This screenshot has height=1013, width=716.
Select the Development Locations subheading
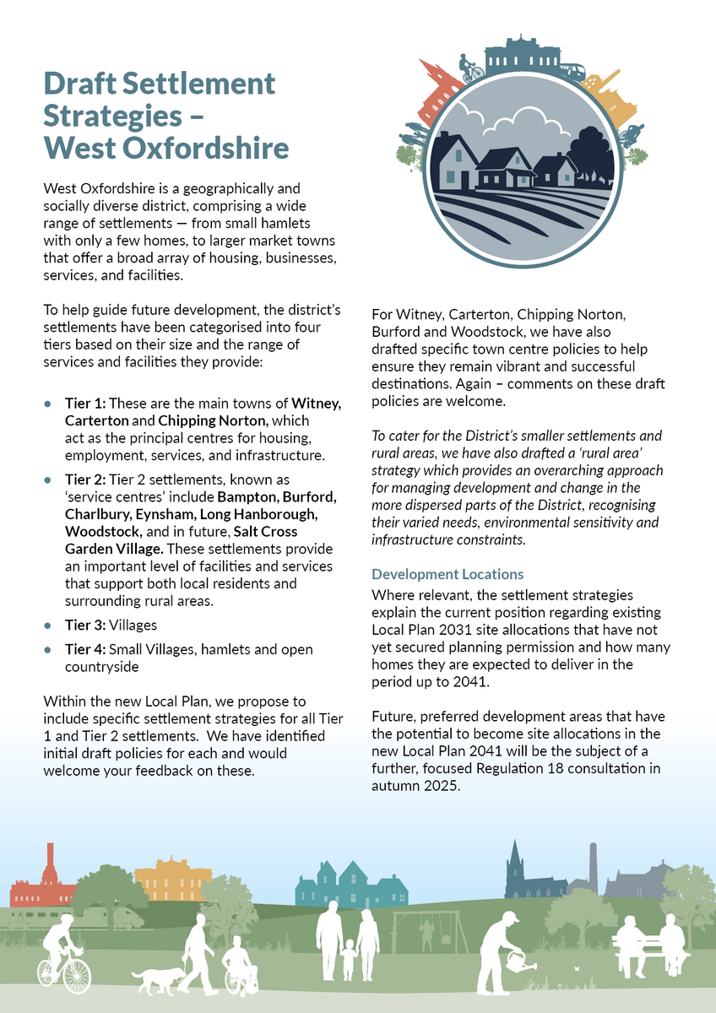pos(447,574)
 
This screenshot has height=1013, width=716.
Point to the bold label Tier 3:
pos(85,626)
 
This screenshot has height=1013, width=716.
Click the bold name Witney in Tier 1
pos(316,404)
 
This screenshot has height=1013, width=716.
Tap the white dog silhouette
pos(157,980)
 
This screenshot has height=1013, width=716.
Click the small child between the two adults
pos(348,958)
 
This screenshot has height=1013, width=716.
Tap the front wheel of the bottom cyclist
pos(77,976)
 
